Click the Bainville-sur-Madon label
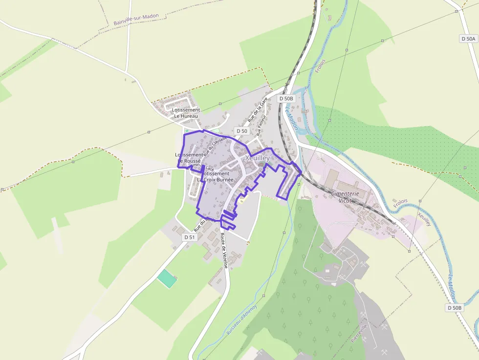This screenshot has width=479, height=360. point(136,19)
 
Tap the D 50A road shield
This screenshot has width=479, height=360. point(468,39)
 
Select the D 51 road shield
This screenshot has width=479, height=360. point(190,237)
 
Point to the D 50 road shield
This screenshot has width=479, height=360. point(241,131)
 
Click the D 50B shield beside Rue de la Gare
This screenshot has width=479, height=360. point(286,99)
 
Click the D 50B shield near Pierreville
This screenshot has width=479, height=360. point(454,308)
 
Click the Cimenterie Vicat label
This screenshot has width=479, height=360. point(345,197)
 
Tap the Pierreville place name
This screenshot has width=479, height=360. point(359,332)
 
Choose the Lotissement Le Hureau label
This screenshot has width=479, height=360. point(186,113)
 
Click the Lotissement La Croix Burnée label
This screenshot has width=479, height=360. point(215,176)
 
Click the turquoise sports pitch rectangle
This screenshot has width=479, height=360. point(167,278)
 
